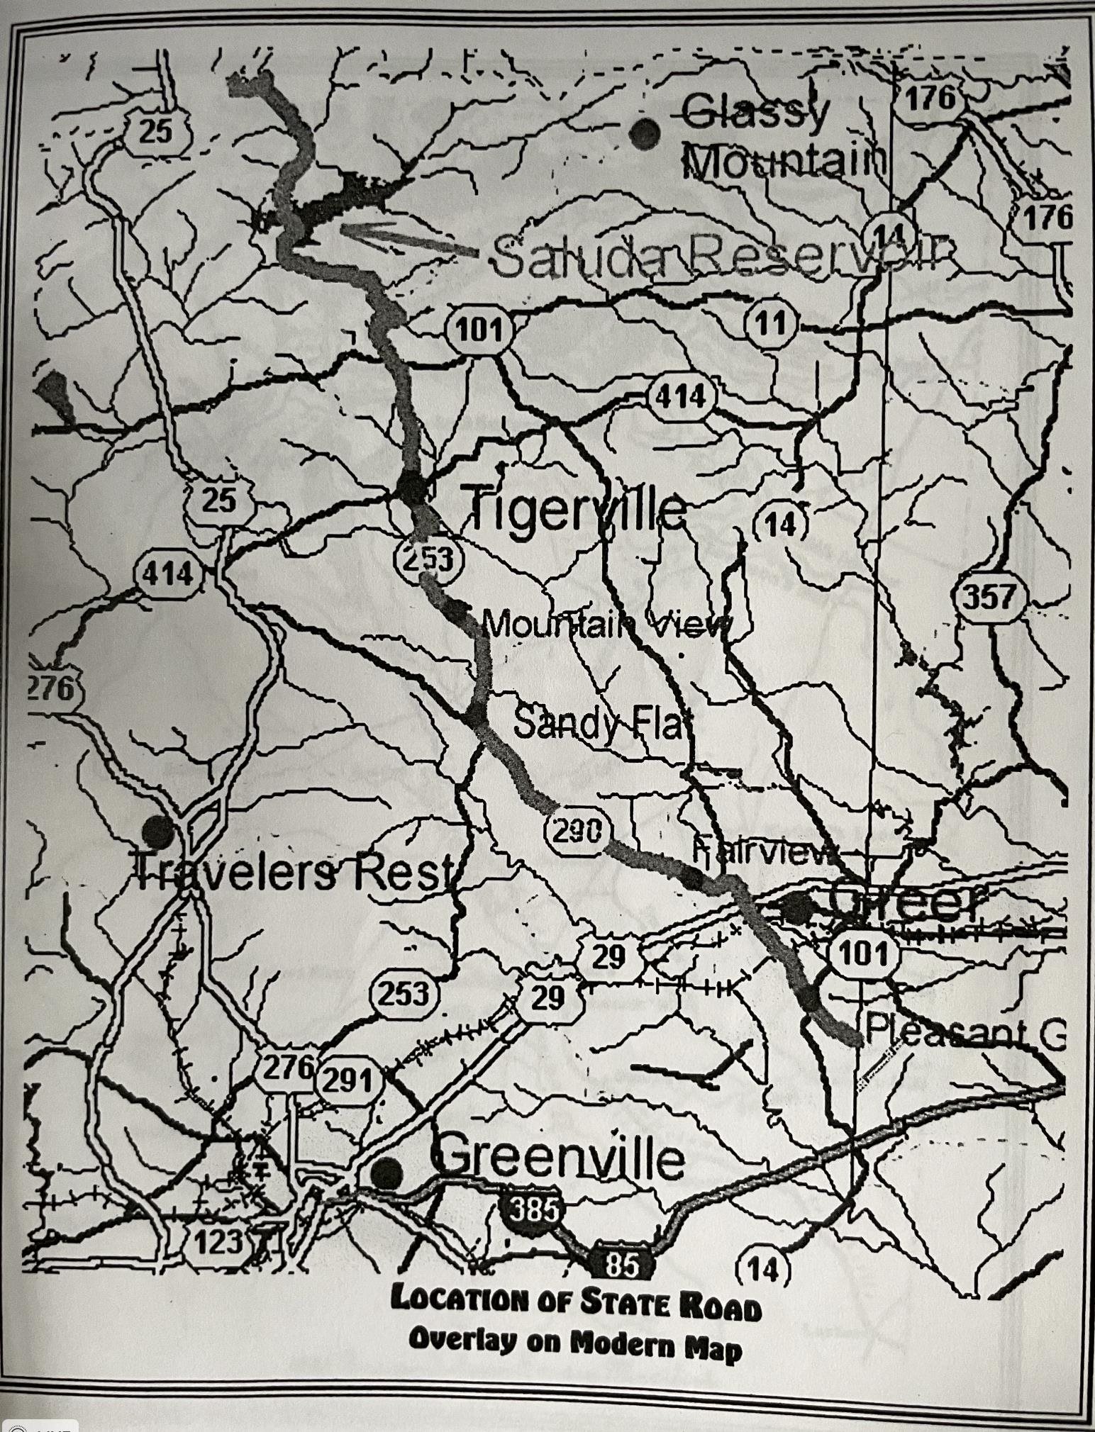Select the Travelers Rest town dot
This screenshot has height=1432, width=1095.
tap(157, 830)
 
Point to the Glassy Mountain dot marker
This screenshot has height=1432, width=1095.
tap(645, 133)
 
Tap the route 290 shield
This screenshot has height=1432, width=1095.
tap(574, 829)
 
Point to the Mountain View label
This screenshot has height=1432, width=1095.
tap(606, 625)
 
